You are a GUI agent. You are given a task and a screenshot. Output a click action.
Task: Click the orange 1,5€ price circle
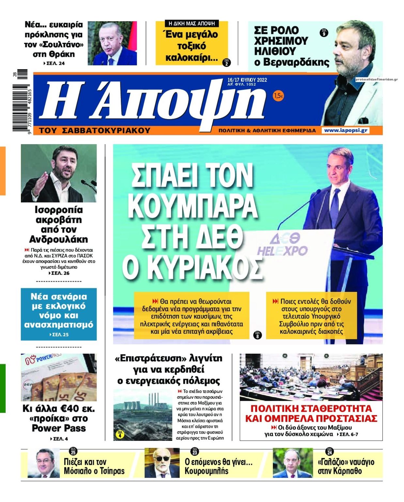[x=278, y=96]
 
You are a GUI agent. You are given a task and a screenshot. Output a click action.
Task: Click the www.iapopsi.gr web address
[x=346, y=130]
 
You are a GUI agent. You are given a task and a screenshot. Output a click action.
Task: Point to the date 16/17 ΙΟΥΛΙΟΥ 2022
[x=247, y=80]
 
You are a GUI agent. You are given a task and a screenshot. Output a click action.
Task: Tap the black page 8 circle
[x=257, y=335]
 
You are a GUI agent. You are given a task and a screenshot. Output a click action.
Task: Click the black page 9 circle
[x=324, y=33]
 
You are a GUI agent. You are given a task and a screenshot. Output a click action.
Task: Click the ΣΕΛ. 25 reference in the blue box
[x=60, y=335]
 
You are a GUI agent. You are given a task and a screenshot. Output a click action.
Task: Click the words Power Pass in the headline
[x=59, y=428]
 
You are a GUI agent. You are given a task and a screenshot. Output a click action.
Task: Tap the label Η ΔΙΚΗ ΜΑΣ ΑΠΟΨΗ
[x=192, y=24]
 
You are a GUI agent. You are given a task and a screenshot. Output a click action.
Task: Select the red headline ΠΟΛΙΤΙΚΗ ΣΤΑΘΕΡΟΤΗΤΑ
[x=311, y=409]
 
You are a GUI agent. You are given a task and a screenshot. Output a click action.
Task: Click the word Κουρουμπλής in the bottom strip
[x=206, y=471]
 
